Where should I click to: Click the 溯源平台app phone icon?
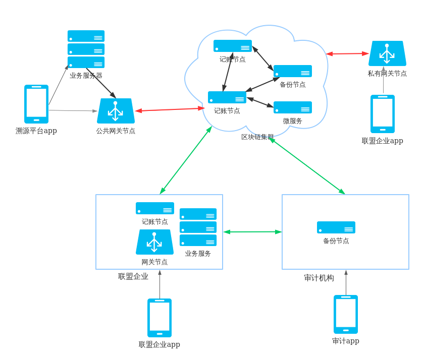point(36,104)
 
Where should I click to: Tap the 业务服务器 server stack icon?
point(86,49)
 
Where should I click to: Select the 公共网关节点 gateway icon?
point(116,111)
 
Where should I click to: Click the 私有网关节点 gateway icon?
point(387,53)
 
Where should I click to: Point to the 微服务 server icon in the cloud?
point(293,107)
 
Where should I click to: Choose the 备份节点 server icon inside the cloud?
point(293,71)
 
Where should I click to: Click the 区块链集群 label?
point(257,137)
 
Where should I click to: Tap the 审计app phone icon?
point(346,314)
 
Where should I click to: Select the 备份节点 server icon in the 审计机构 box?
point(336,227)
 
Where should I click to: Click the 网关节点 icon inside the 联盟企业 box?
point(154,242)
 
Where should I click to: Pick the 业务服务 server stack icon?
point(198,227)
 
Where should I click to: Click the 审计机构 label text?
point(319,278)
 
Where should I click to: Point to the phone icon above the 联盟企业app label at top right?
point(383,114)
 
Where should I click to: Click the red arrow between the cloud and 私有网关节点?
point(347,53)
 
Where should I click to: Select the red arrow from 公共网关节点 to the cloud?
point(170,109)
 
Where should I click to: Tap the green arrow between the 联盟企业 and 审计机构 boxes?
point(252,232)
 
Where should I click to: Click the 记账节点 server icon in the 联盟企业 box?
point(155,208)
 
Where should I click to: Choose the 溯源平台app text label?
point(36,131)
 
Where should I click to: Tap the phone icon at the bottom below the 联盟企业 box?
point(160,318)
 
